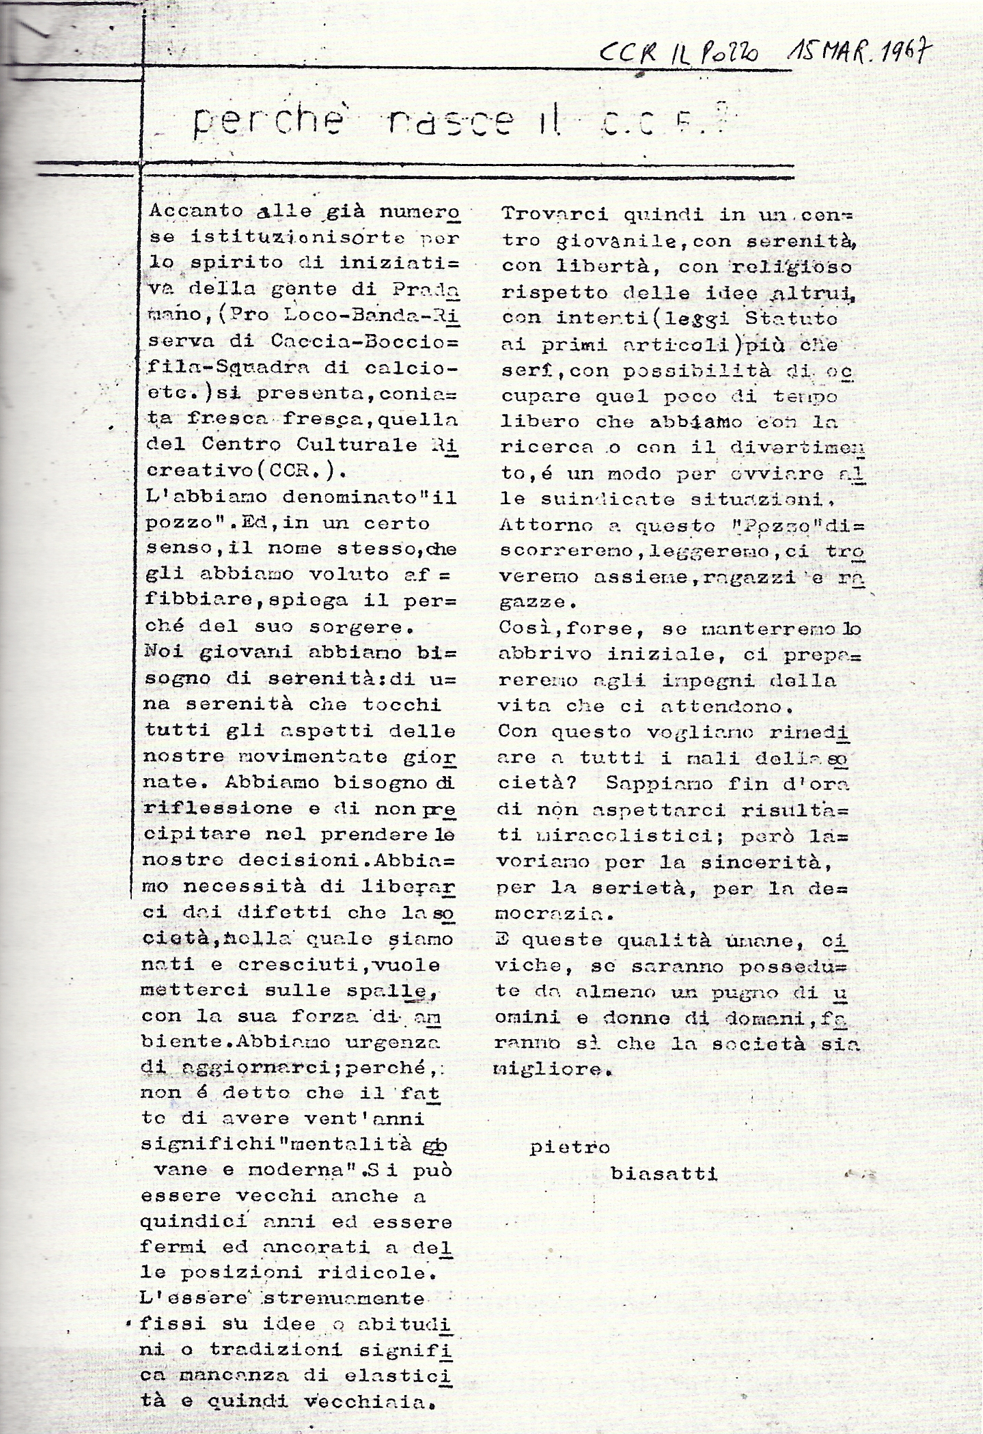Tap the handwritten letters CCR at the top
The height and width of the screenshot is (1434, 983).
pyautogui.click(x=620, y=53)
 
